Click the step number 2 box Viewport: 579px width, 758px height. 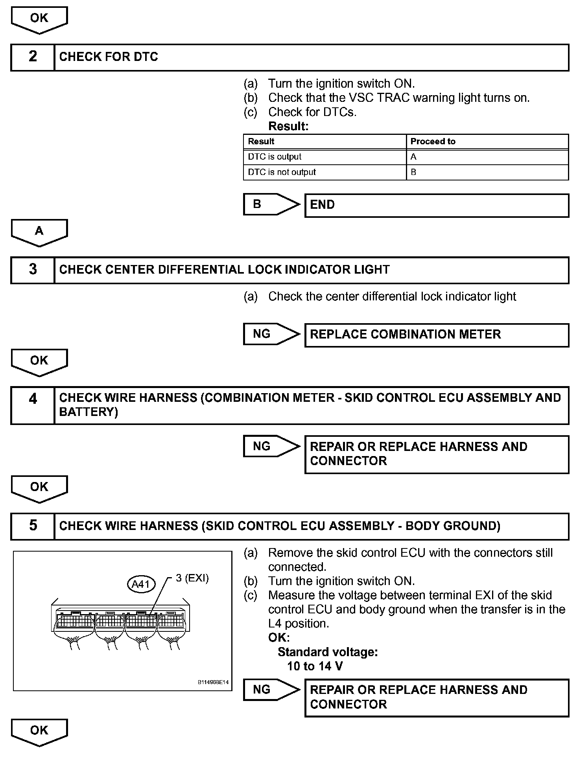pyautogui.click(x=33, y=57)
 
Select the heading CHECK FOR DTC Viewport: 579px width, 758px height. pyautogui.click(x=109, y=57)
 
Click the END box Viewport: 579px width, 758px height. pyautogui.click(x=437, y=205)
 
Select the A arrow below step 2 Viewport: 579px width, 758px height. pyautogui.click(x=39, y=232)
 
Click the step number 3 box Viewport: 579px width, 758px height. pyautogui.click(x=33, y=270)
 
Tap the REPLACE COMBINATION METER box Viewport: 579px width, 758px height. pyautogui.click(x=437, y=335)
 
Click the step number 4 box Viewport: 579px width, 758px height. pyautogui.click(x=33, y=405)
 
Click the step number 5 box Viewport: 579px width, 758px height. pyautogui.click(x=33, y=526)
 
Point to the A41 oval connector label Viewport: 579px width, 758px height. pyautogui.click(x=141, y=584)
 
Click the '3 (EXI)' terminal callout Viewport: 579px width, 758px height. pyautogui.click(x=192, y=578)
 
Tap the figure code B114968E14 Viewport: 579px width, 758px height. pyautogui.click(x=213, y=683)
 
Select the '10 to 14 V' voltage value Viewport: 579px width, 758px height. pyautogui.click(x=315, y=666)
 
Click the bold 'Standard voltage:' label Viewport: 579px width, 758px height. pyautogui.click(x=328, y=652)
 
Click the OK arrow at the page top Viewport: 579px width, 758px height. pyautogui.click(x=39, y=19)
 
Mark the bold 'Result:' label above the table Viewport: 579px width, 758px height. pyautogui.click(x=288, y=126)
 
